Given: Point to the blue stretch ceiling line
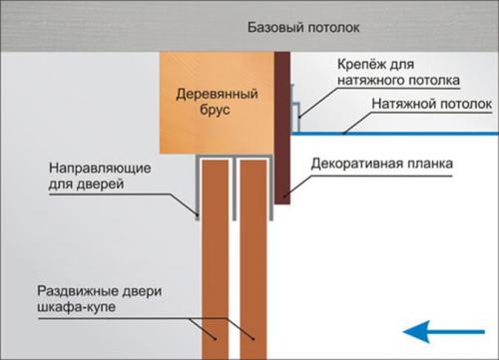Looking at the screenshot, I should (x=399, y=131).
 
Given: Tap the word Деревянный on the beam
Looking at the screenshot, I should (x=218, y=94).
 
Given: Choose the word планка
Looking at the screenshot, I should (x=430, y=162).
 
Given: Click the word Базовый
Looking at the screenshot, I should (x=270, y=27).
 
